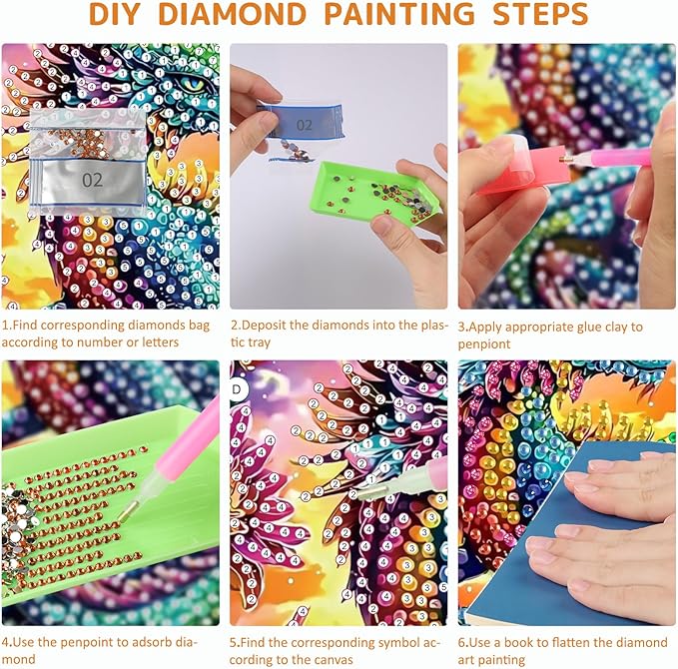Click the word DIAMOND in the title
click(x=233, y=14)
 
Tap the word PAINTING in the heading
click(x=399, y=14)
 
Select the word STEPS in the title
click(x=540, y=14)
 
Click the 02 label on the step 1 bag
click(x=92, y=180)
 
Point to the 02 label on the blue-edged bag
click(x=304, y=125)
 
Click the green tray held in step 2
click(x=375, y=192)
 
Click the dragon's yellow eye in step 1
click(x=193, y=85)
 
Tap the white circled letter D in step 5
click(x=238, y=389)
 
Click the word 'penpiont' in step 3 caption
click(x=484, y=344)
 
